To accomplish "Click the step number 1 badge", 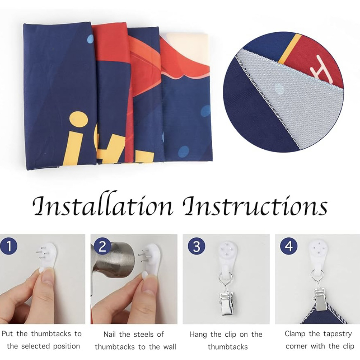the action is [9, 246].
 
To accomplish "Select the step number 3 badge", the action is [196, 246].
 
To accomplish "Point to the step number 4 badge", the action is [289, 246].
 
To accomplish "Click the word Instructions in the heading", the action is [255, 205].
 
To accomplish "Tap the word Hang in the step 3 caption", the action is [198, 335].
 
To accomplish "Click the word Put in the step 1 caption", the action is [7, 334].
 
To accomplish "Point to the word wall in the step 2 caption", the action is [169, 346].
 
